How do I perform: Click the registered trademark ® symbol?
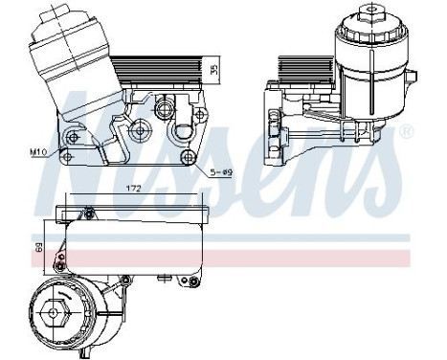(406, 129)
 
